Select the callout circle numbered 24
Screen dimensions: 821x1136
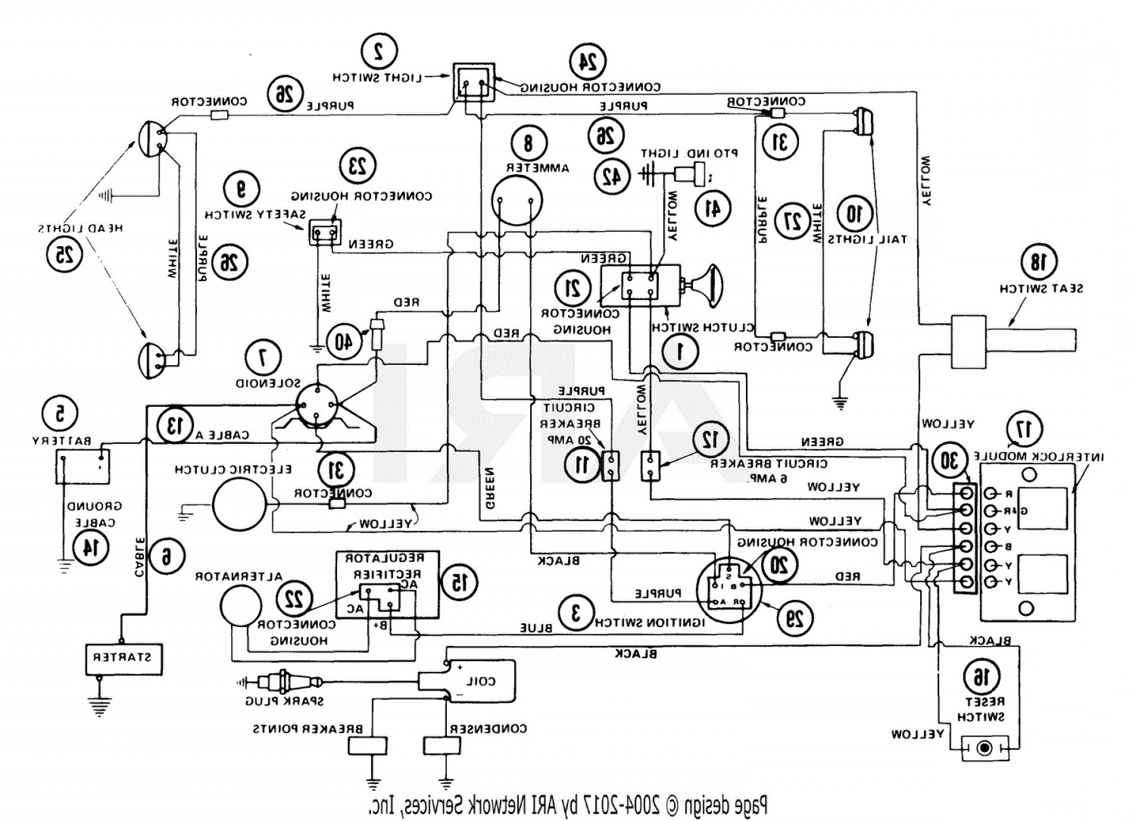pos(588,62)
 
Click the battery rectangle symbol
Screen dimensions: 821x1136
pos(83,466)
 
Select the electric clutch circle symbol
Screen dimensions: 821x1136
pos(240,505)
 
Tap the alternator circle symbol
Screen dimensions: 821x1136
pos(240,605)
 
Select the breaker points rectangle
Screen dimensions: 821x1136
pos(367,745)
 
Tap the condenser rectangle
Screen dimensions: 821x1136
pos(441,745)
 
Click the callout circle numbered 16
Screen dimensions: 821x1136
pos(981,678)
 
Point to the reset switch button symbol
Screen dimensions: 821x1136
pos(983,748)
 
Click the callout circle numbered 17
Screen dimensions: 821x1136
pos(1026,429)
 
